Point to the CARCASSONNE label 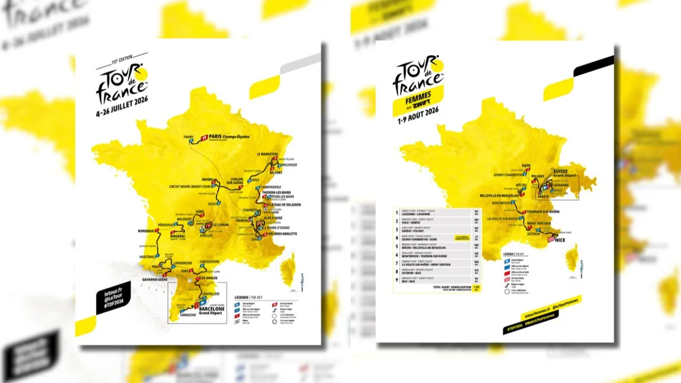(212, 262)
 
